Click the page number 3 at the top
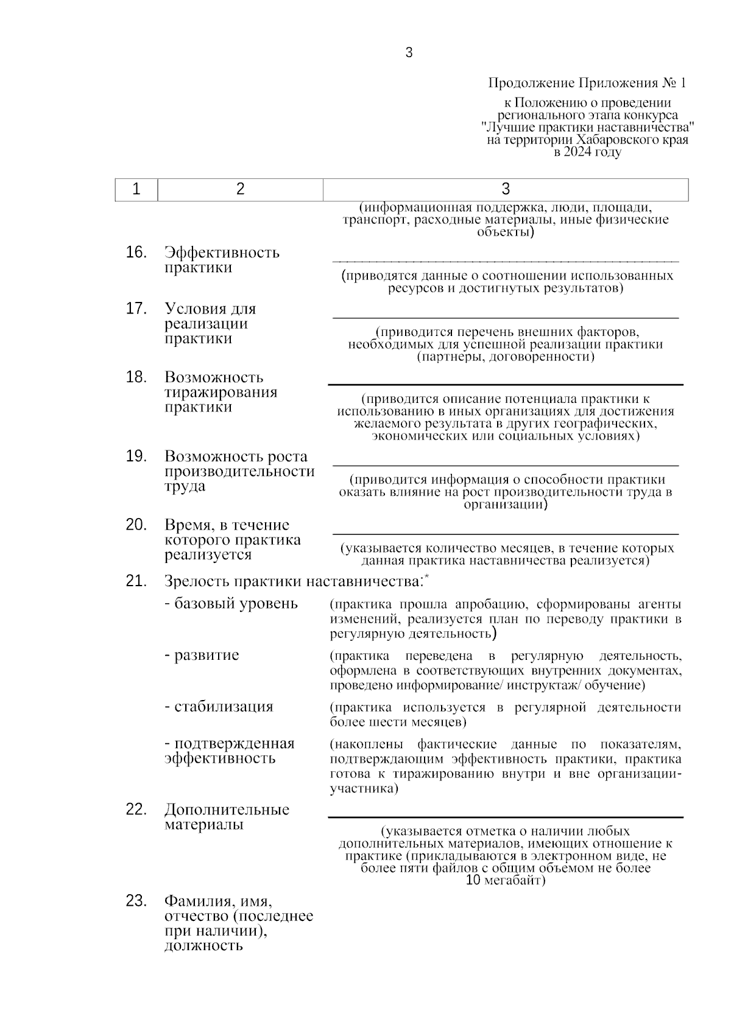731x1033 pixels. point(409,53)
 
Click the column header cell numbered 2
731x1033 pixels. point(240,189)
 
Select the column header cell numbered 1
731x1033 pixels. point(136,189)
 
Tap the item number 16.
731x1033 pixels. point(136,252)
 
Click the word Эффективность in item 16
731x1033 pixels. point(222,253)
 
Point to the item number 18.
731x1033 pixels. point(136,377)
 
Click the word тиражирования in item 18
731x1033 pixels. point(221,393)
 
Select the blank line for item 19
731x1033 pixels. point(505,465)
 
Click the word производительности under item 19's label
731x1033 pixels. point(239,472)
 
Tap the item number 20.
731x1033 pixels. point(136,525)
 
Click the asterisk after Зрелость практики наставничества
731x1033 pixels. point(426,576)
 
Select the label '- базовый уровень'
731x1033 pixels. point(231,604)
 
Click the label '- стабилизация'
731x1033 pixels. point(219,707)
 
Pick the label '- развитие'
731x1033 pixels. point(202,656)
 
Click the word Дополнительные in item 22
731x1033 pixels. point(227,810)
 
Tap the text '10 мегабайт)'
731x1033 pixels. point(505,880)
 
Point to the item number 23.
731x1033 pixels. point(136,900)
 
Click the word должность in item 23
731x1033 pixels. point(203,946)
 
